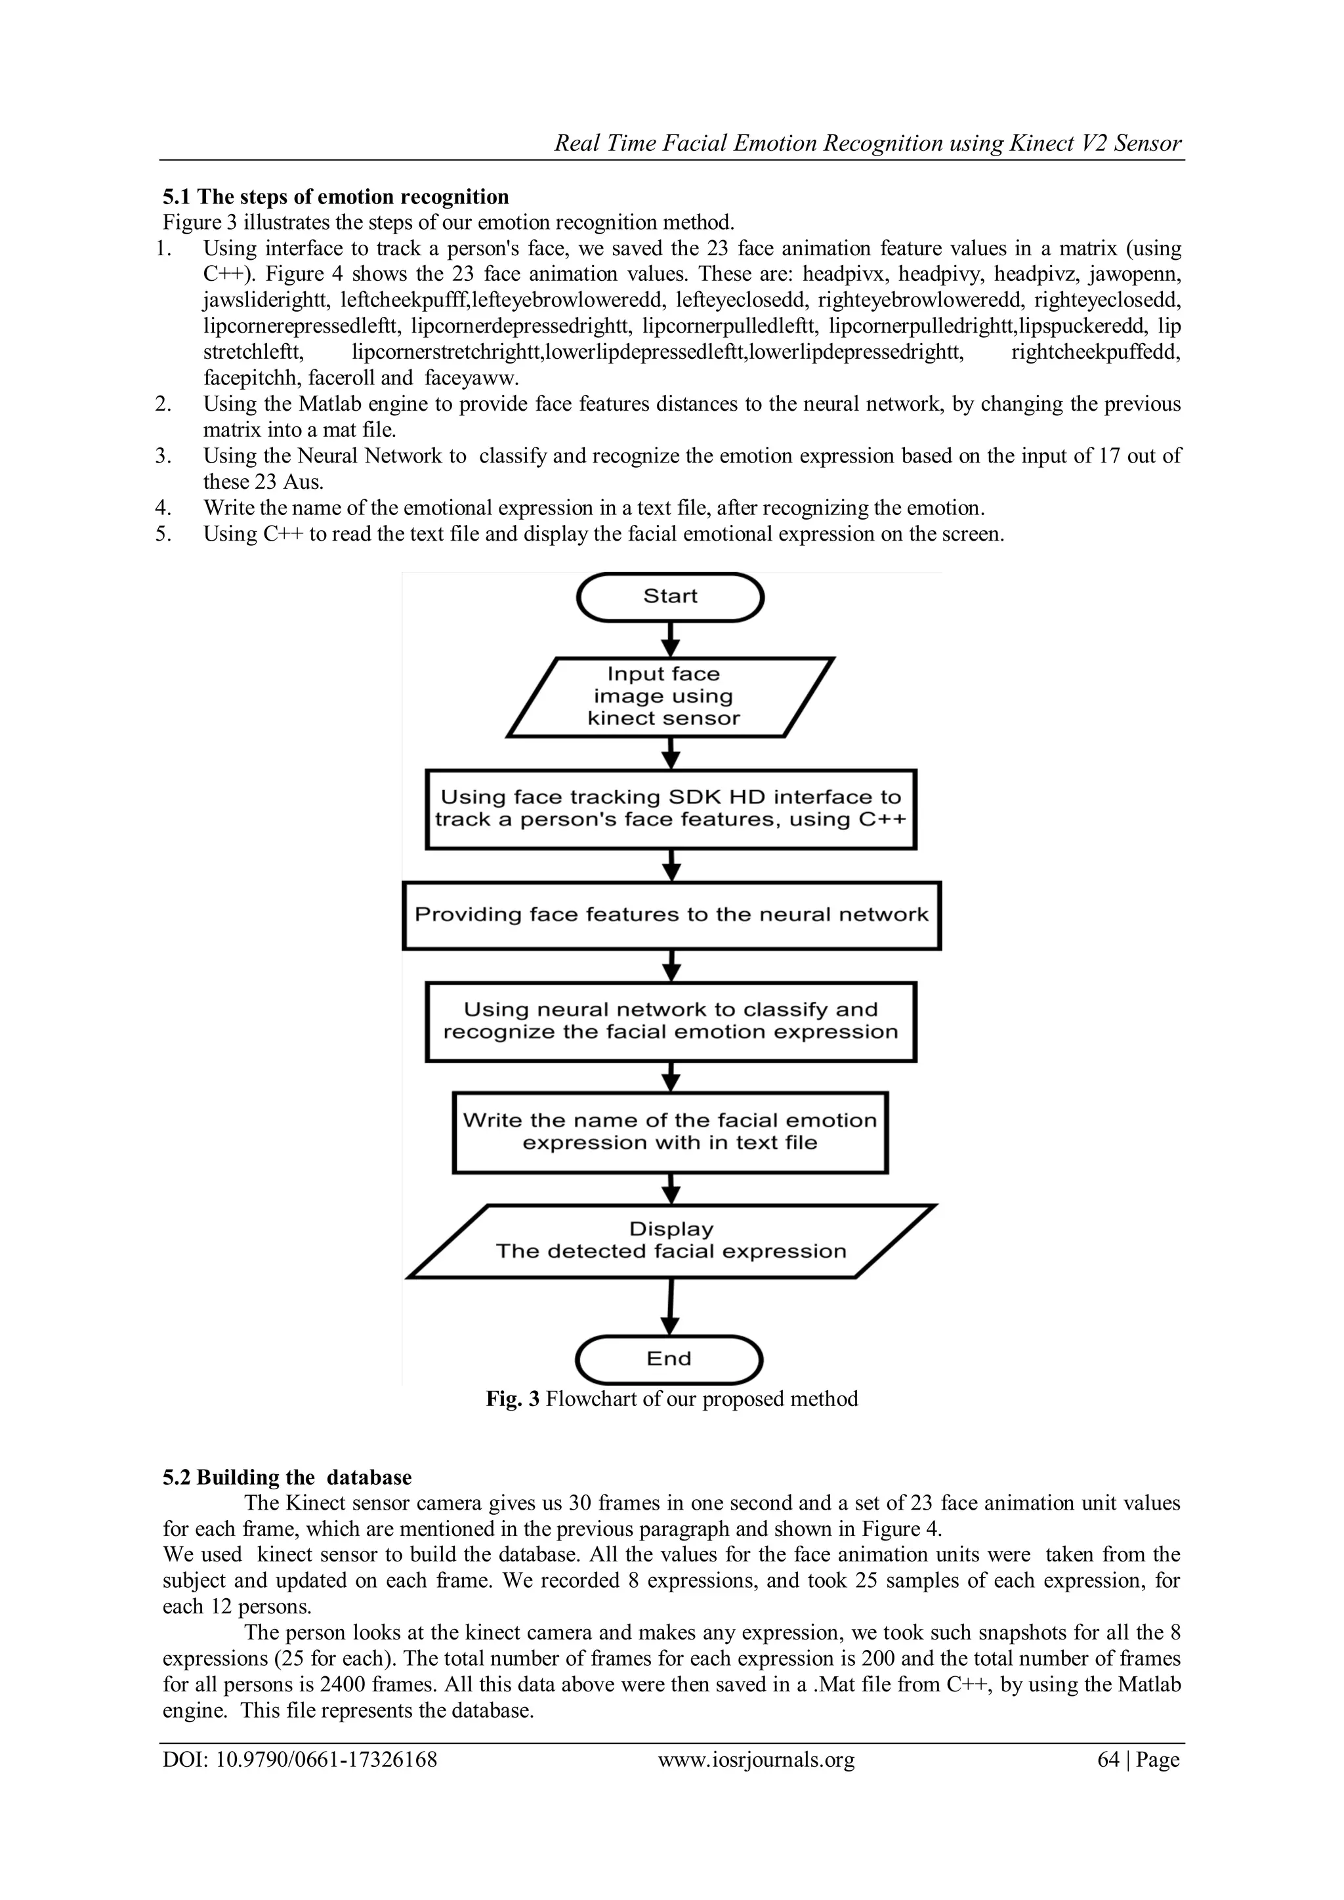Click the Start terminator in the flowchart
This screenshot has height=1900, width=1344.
pos(670,596)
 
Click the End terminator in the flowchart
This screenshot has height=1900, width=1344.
pos(669,1358)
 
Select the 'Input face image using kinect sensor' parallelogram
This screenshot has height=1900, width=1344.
pos(669,696)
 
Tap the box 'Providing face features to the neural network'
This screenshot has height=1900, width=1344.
pos(671,915)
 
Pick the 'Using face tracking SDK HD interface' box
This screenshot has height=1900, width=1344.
pos(670,808)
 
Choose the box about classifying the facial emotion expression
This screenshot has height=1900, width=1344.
pos(670,1021)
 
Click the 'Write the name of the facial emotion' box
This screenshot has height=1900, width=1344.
pos(670,1131)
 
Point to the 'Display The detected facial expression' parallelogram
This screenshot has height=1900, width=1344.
pos(671,1241)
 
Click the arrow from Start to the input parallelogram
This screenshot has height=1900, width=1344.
pos(672,639)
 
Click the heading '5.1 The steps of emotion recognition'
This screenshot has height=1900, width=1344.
pos(335,197)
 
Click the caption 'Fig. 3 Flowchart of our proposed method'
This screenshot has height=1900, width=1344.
pos(671,1399)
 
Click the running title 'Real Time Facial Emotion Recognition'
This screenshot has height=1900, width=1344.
pos(868,144)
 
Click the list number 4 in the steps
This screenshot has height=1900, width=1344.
pos(163,507)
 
